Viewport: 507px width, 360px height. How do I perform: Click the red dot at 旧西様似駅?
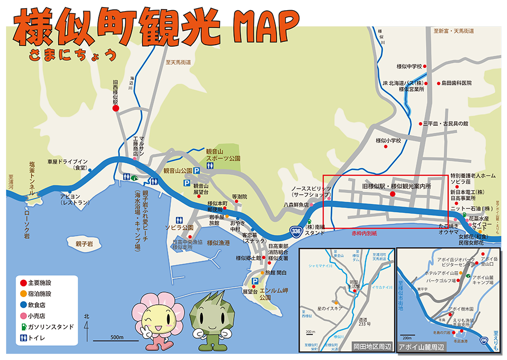(x=116, y=108)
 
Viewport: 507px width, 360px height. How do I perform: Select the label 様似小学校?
(x=388, y=140)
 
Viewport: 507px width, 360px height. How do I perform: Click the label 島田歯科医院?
(x=456, y=83)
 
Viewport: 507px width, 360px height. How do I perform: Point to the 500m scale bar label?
(x=117, y=337)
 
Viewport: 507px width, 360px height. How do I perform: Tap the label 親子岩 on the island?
(x=84, y=244)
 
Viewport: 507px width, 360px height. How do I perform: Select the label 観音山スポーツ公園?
(x=223, y=155)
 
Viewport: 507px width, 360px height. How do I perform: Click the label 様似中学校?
(x=409, y=66)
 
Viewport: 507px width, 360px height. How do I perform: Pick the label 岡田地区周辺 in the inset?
(x=373, y=346)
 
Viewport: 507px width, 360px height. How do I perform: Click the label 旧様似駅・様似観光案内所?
(x=397, y=186)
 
